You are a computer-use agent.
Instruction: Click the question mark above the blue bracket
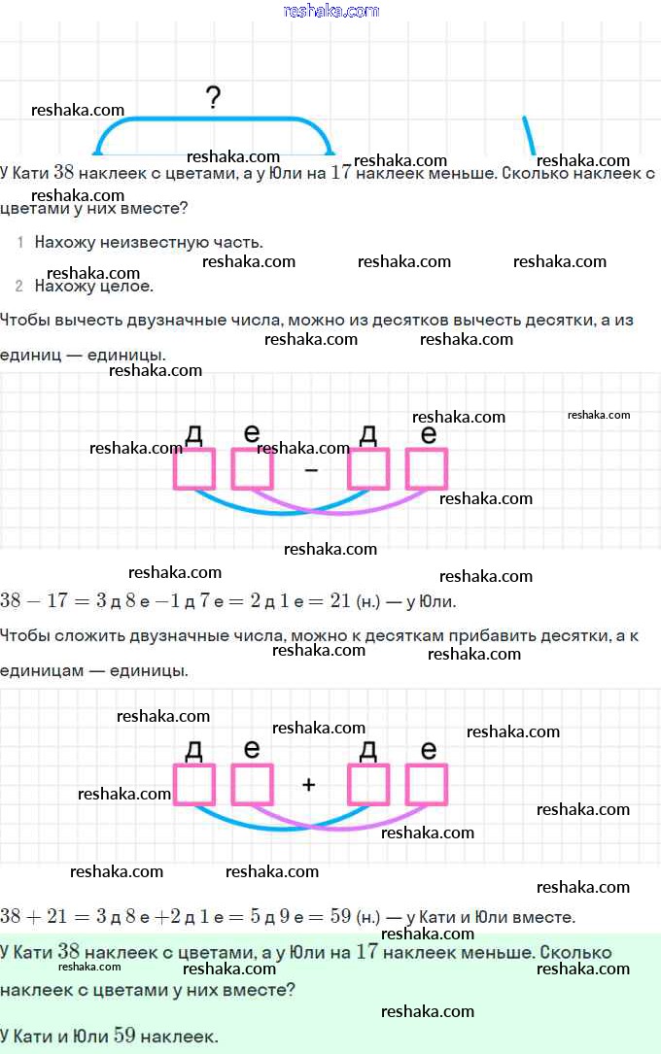coord(213,98)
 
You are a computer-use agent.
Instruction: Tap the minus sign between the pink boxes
coord(311,470)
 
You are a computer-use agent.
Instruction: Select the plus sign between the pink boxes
coord(309,785)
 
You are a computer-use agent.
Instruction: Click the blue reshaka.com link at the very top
coord(330,11)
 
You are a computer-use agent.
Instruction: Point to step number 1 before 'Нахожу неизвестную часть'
coord(20,242)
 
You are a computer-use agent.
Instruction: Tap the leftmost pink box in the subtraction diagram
coord(194,468)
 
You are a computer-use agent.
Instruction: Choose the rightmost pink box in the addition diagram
coord(427,785)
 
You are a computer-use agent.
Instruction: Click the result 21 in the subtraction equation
coord(340,600)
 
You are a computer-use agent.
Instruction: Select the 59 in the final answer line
coord(124,1035)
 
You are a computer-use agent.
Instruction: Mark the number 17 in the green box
coord(367,951)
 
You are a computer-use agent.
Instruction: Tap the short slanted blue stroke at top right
coord(529,136)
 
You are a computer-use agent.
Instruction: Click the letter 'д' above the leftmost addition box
coord(193,751)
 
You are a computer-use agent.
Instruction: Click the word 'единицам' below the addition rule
coord(40,671)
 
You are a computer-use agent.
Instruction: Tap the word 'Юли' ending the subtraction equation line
coord(437,601)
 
